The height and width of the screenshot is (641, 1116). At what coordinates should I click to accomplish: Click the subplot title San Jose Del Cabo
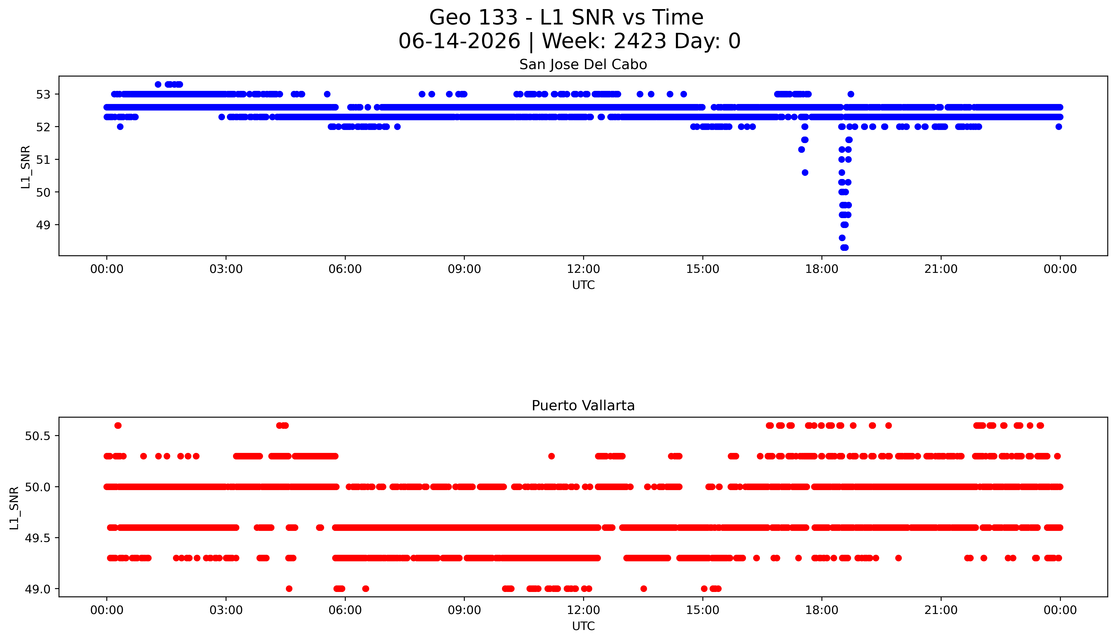click(x=583, y=65)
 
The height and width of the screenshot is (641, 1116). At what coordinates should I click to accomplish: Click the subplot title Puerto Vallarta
click(x=583, y=406)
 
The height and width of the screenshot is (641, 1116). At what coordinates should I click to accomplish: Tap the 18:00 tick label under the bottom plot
click(x=822, y=610)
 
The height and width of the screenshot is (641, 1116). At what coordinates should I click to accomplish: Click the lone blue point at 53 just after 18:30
click(x=851, y=94)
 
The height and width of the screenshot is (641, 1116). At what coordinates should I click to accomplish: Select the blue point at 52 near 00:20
click(x=120, y=127)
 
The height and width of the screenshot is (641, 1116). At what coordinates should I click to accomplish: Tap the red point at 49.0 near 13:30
click(x=643, y=589)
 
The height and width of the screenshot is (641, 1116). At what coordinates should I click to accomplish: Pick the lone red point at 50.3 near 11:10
click(x=551, y=456)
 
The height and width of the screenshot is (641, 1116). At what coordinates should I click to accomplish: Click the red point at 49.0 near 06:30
click(x=366, y=589)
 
